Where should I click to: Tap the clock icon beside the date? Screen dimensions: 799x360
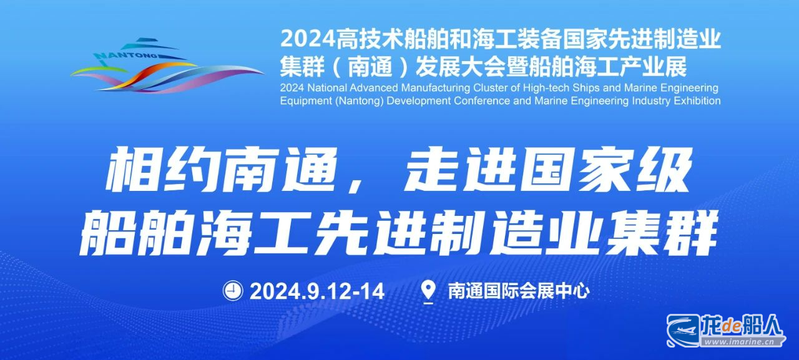click(233, 291)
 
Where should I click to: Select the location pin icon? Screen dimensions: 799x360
click(428, 291)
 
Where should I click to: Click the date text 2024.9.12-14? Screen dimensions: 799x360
click(317, 291)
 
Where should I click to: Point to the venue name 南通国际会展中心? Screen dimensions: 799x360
click(519, 291)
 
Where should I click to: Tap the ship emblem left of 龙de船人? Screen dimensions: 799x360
click(683, 329)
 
